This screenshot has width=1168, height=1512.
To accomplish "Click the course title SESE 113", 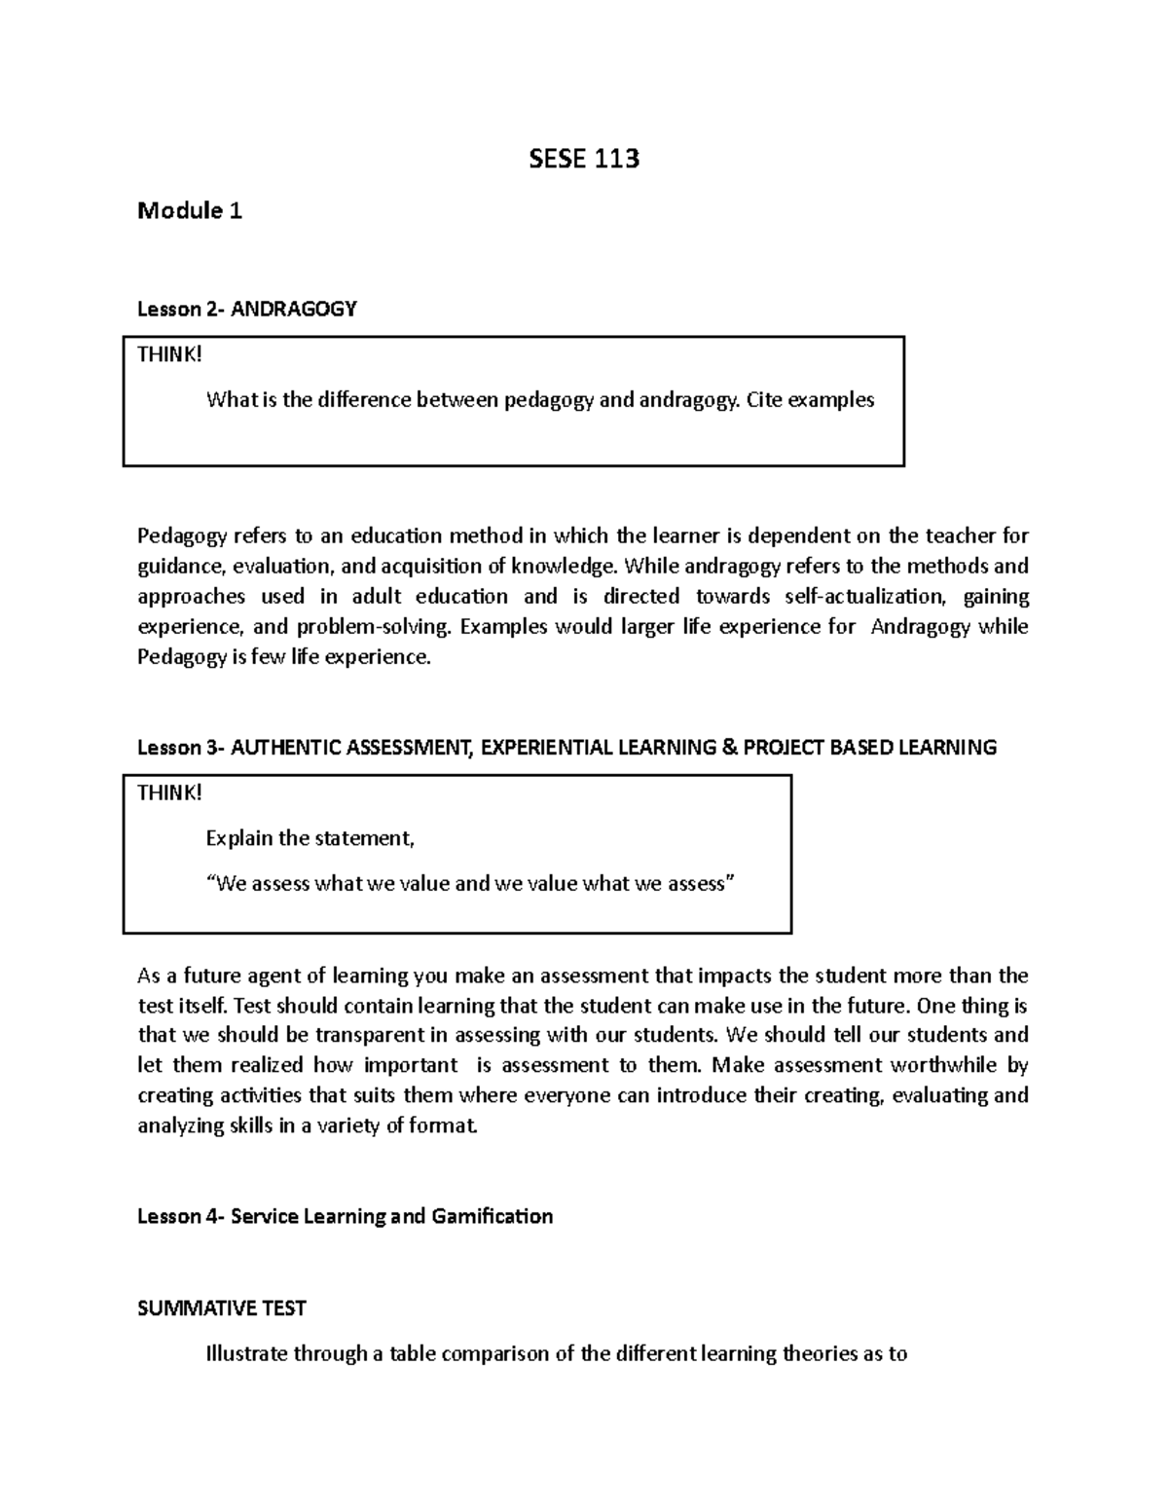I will [583, 159].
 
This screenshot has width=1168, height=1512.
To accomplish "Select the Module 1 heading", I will [190, 210].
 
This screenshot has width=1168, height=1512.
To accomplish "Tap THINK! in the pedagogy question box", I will [169, 354].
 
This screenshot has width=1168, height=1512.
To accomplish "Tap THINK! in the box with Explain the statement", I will [169, 793].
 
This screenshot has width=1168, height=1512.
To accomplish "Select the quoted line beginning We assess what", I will [471, 884].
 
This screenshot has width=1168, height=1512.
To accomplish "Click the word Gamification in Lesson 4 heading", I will [492, 1216].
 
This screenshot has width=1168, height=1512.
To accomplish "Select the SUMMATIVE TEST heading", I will [222, 1309].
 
